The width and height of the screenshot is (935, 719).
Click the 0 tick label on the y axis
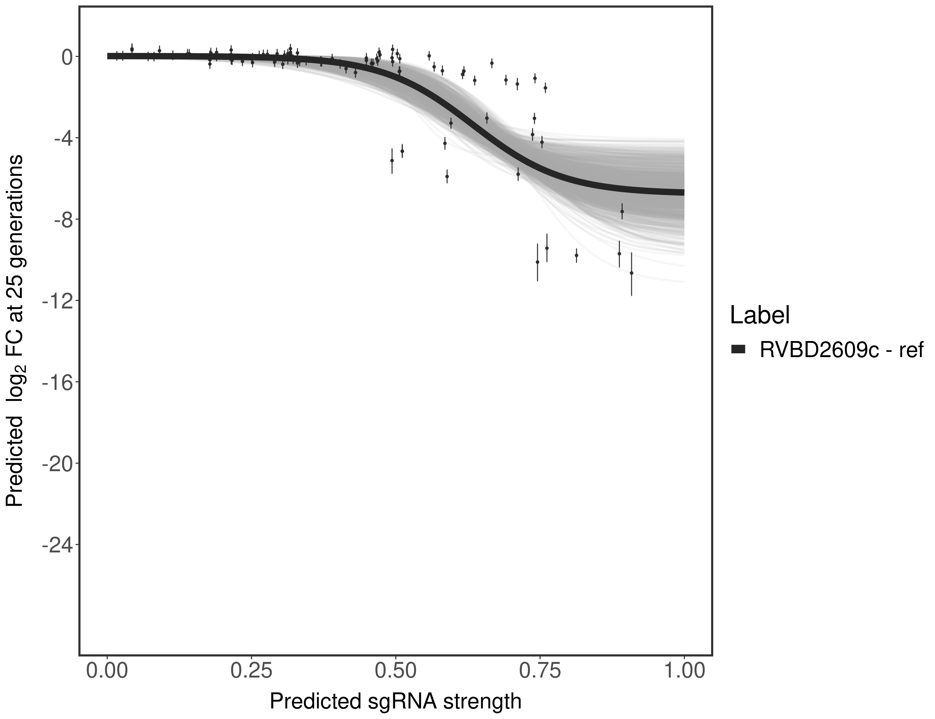click(67, 57)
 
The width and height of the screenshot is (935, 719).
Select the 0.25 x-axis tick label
click(251, 671)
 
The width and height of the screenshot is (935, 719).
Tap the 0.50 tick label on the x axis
click(396, 671)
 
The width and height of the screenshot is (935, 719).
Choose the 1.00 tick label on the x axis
click(684, 671)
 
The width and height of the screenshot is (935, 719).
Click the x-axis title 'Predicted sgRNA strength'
click(396, 702)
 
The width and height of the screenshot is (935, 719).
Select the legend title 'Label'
click(760, 315)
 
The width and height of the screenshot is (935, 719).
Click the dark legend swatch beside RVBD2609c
click(738, 350)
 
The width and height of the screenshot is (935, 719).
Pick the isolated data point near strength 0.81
click(576, 255)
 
